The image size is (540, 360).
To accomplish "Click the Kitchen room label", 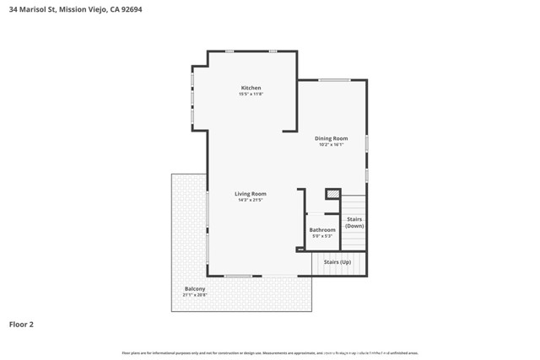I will (x=251, y=88).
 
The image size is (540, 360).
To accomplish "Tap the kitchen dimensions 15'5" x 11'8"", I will (x=251, y=94).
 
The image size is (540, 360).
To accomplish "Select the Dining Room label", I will (x=331, y=138).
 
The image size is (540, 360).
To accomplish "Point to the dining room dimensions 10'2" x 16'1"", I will (x=331, y=145).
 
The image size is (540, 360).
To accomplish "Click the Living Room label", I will (x=251, y=194).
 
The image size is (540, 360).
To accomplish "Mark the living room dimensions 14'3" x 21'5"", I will (x=251, y=201).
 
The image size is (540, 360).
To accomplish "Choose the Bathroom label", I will (x=321, y=229).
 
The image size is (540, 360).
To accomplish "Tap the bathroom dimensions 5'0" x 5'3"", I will (x=321, y=236).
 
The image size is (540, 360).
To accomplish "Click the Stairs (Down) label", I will (x=354, y=223).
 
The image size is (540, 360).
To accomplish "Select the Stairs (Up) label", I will (x=337, y=262).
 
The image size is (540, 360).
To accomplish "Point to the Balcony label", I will (x=194, y=289).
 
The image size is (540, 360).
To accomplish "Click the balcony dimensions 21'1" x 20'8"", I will (x=194, y=296).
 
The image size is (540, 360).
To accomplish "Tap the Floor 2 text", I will (x=21, y=324).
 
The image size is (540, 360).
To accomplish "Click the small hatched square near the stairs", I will (x=332, y=194).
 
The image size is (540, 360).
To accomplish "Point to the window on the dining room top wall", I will (x=334, y=80).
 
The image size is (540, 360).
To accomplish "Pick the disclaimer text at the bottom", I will (x=270, y=353).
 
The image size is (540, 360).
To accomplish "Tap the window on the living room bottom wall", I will (x=238, y=276).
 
